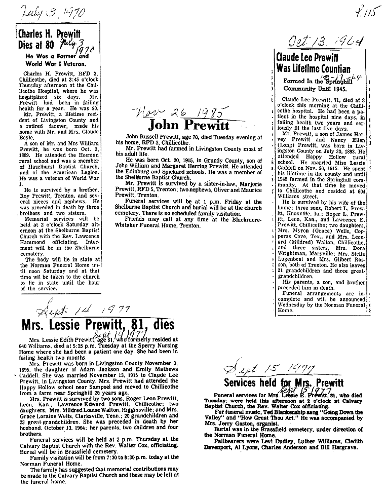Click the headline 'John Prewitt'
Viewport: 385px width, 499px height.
click(188, 125)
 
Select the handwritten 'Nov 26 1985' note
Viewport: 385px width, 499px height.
click(182, 110)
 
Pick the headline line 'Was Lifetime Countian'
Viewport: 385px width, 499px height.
click(313, 69)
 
